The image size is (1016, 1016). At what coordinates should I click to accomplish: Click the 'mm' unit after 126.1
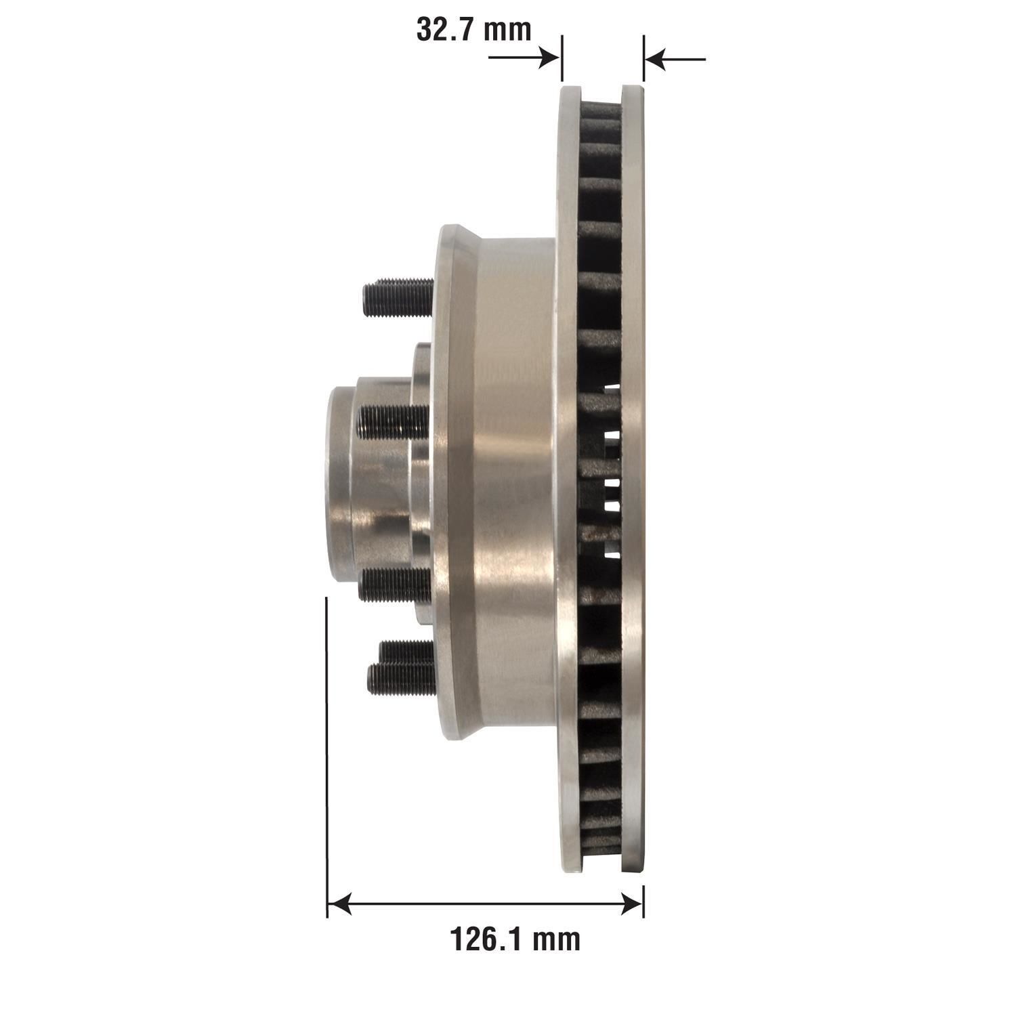[555, 939]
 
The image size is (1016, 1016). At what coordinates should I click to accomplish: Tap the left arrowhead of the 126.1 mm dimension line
[339, 903]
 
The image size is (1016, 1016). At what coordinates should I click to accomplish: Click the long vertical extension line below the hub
[327, 745]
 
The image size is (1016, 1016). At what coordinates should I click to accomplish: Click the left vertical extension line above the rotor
[562, 58]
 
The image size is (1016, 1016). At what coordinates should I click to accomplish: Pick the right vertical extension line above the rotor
[643, 58]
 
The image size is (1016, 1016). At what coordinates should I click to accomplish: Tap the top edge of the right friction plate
[633, 88]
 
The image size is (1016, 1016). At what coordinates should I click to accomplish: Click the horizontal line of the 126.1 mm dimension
[485, 903]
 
